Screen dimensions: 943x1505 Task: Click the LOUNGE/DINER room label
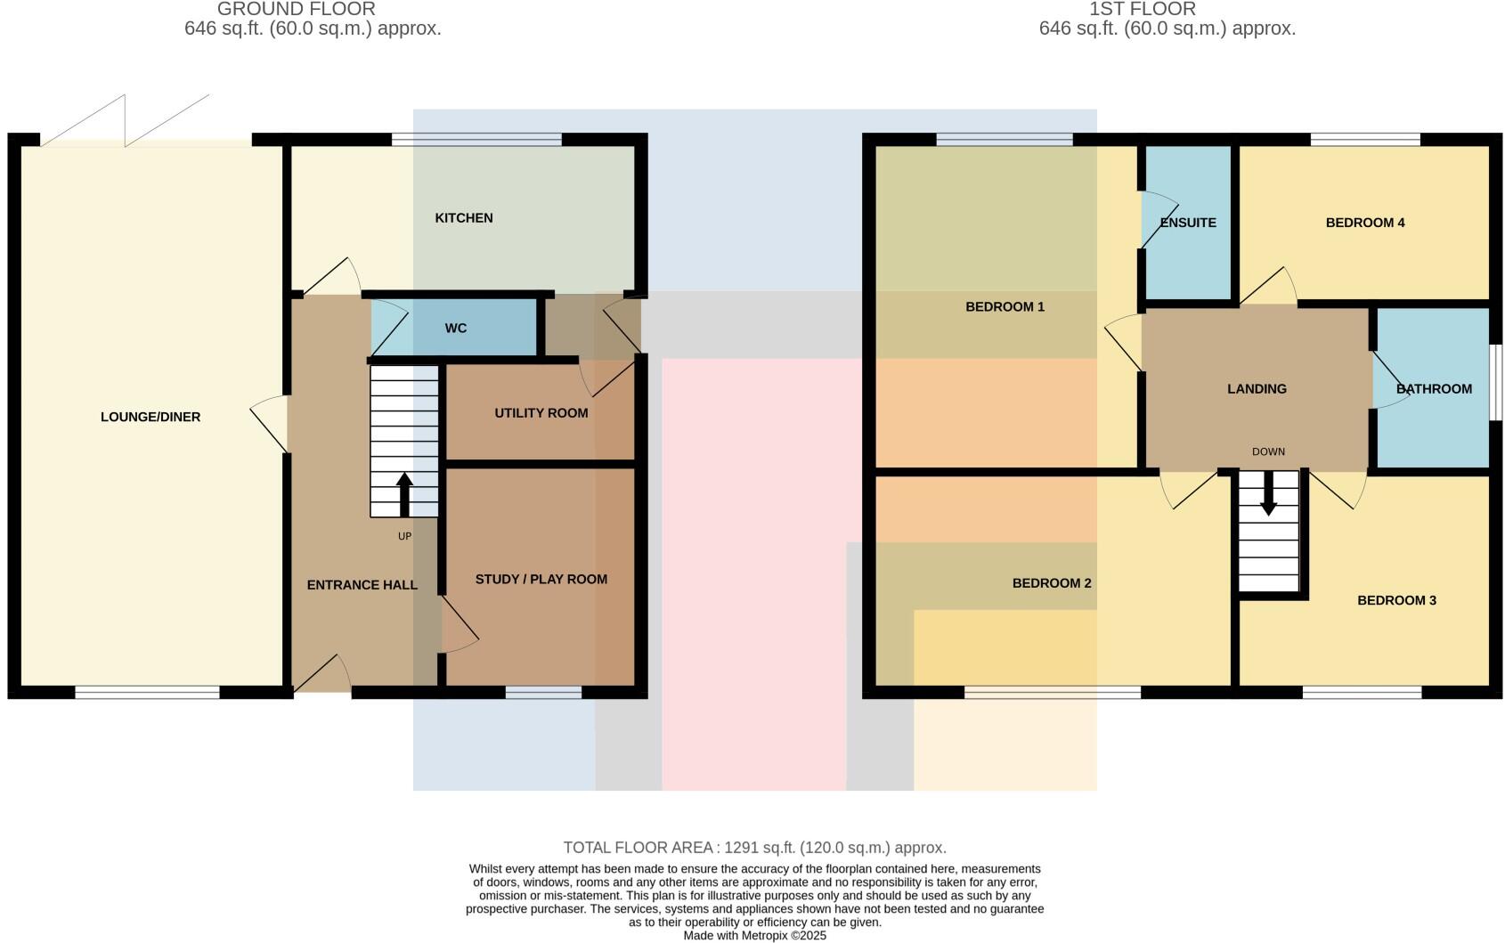tap(150, 417)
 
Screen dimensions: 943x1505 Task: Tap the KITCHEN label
tap(463, 218)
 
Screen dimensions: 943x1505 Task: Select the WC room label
tap(455, 329)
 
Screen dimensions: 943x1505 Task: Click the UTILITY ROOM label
tap(541, 413)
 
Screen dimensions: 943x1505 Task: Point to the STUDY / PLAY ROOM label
tap(541, 579)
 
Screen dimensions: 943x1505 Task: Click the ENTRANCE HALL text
tap(362, 585)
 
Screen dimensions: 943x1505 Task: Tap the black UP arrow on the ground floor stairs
tap(404, 494)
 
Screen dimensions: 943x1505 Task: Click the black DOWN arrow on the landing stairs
tap(1268, 492)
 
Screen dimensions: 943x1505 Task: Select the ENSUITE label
tap(1188, 223)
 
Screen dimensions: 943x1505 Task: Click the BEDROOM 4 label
tap(1364, 223)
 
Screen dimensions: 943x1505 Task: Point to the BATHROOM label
tap(1434, 389)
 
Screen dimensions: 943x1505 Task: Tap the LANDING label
tap(1257, 389)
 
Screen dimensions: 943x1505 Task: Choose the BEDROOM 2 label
tap(1051, 583)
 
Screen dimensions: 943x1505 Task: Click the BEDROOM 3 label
tap(1396, 600)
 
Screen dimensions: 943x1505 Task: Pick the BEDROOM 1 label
tap(1005, 307)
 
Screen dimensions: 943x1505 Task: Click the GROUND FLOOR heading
tap(297, 9)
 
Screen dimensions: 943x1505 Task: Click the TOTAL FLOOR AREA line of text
tap(754, 848)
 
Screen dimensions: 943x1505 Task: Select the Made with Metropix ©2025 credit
tap(754, 936)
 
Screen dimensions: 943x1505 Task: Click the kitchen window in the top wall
tap(476, 139)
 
